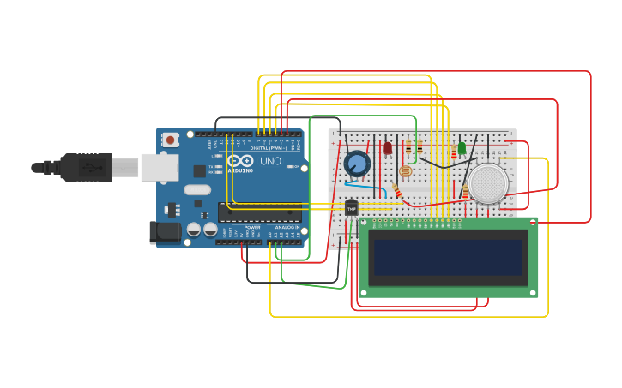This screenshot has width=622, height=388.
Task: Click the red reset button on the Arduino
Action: click(x=171, y=140)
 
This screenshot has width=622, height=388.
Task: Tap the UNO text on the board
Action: click(x=270, y=160)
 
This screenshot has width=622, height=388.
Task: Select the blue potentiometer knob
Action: click(x=357, y=163)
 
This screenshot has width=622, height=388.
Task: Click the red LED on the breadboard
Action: click(x=388, y=148)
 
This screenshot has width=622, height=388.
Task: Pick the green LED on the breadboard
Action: click(x=462, y=148)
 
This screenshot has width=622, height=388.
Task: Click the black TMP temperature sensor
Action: click(x=352, y=208)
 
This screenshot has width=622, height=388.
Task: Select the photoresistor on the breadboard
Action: click(x=405, y=171)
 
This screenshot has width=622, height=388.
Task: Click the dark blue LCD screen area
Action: click(x=448, y=257)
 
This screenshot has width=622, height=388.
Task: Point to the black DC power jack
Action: click(x=165, y=232)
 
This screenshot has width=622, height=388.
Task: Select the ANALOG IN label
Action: click(x=287, y=227)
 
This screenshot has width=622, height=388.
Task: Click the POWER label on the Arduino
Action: click(x=252, y=227)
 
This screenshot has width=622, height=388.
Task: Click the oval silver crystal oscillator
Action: click(x=196, y=190)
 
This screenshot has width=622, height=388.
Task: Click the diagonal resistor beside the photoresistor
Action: click(x=397, y=193)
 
